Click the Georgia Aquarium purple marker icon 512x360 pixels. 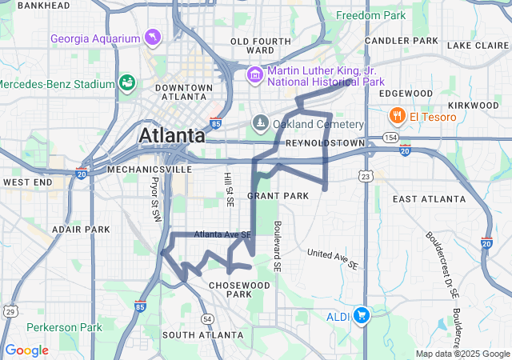point(152,37)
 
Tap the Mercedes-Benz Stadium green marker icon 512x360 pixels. point(126,82)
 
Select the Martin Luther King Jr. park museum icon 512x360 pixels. point(255,74)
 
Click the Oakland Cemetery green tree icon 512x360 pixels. point(259,123)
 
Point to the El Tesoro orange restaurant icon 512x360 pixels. point(396,117)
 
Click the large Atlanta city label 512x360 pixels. point(172,136)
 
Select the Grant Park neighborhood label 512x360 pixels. point(278,195)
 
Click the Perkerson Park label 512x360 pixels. point(64,327)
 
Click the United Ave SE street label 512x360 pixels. point(332,258)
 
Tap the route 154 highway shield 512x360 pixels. point(390,138)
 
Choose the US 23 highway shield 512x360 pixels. point(366,176)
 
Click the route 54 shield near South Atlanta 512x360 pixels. point(208,318)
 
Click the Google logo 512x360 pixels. point(26,350)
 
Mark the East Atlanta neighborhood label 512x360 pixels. point(429,198)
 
